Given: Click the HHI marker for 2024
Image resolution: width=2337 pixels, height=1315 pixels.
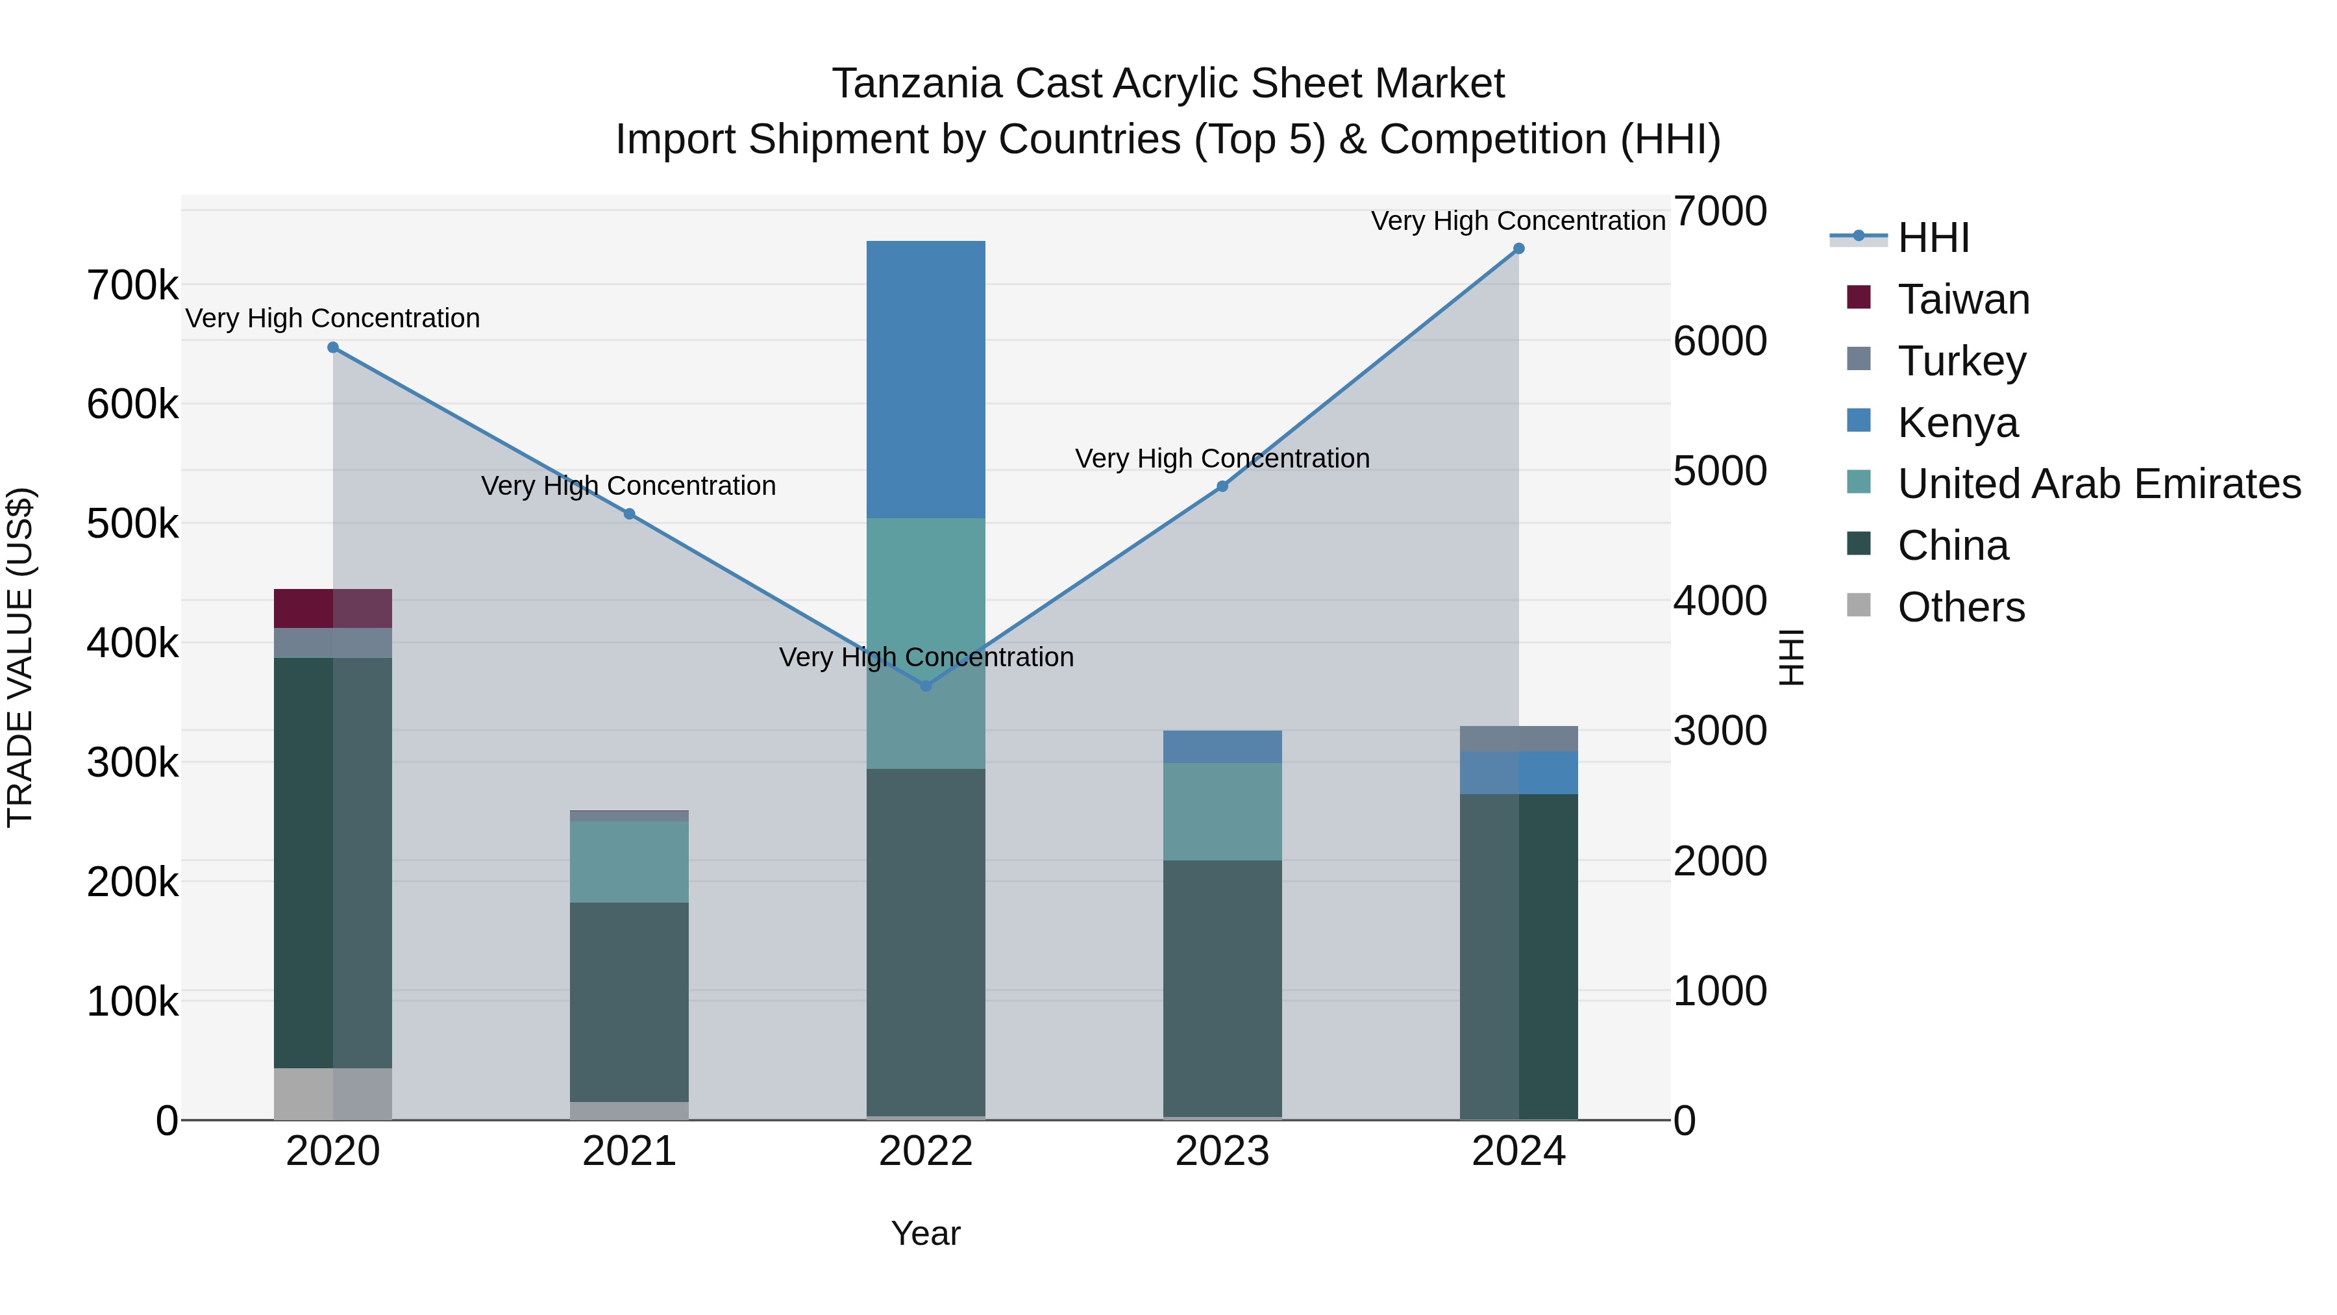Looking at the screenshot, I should click(x=1518, y=249).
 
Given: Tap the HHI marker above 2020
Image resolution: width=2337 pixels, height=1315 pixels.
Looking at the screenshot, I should click(x=333, y=347).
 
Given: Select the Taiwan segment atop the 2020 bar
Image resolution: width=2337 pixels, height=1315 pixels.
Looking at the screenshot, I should click(x=333, y=608).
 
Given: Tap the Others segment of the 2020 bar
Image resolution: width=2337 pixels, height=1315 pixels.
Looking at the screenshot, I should click(x=333, y=1094).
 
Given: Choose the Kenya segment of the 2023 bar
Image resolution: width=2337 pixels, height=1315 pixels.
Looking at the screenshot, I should click(x=1222, y=746).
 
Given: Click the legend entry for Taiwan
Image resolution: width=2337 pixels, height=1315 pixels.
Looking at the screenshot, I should click(x=1963, y=299).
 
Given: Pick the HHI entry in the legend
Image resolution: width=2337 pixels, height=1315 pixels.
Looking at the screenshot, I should click(x=1933, y=238).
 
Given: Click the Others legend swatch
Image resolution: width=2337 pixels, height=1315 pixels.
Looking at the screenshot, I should click(x=1859, y=605).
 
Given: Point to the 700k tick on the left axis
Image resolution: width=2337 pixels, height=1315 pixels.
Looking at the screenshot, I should click(x=132, y=286).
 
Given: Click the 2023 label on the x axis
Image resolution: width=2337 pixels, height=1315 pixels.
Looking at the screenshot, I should click(x=1222, y=1151).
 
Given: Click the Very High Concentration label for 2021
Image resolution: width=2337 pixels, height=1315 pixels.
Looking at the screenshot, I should click(x=628, y=486).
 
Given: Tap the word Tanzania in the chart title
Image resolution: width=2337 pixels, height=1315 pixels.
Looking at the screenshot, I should click(x=917, y=84).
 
